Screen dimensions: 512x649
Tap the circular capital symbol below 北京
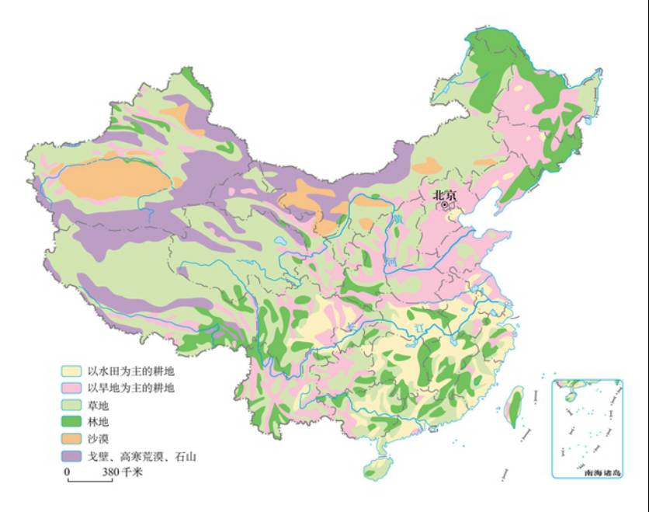[x=445, y=206]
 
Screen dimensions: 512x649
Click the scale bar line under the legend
[x=89, y=481]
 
